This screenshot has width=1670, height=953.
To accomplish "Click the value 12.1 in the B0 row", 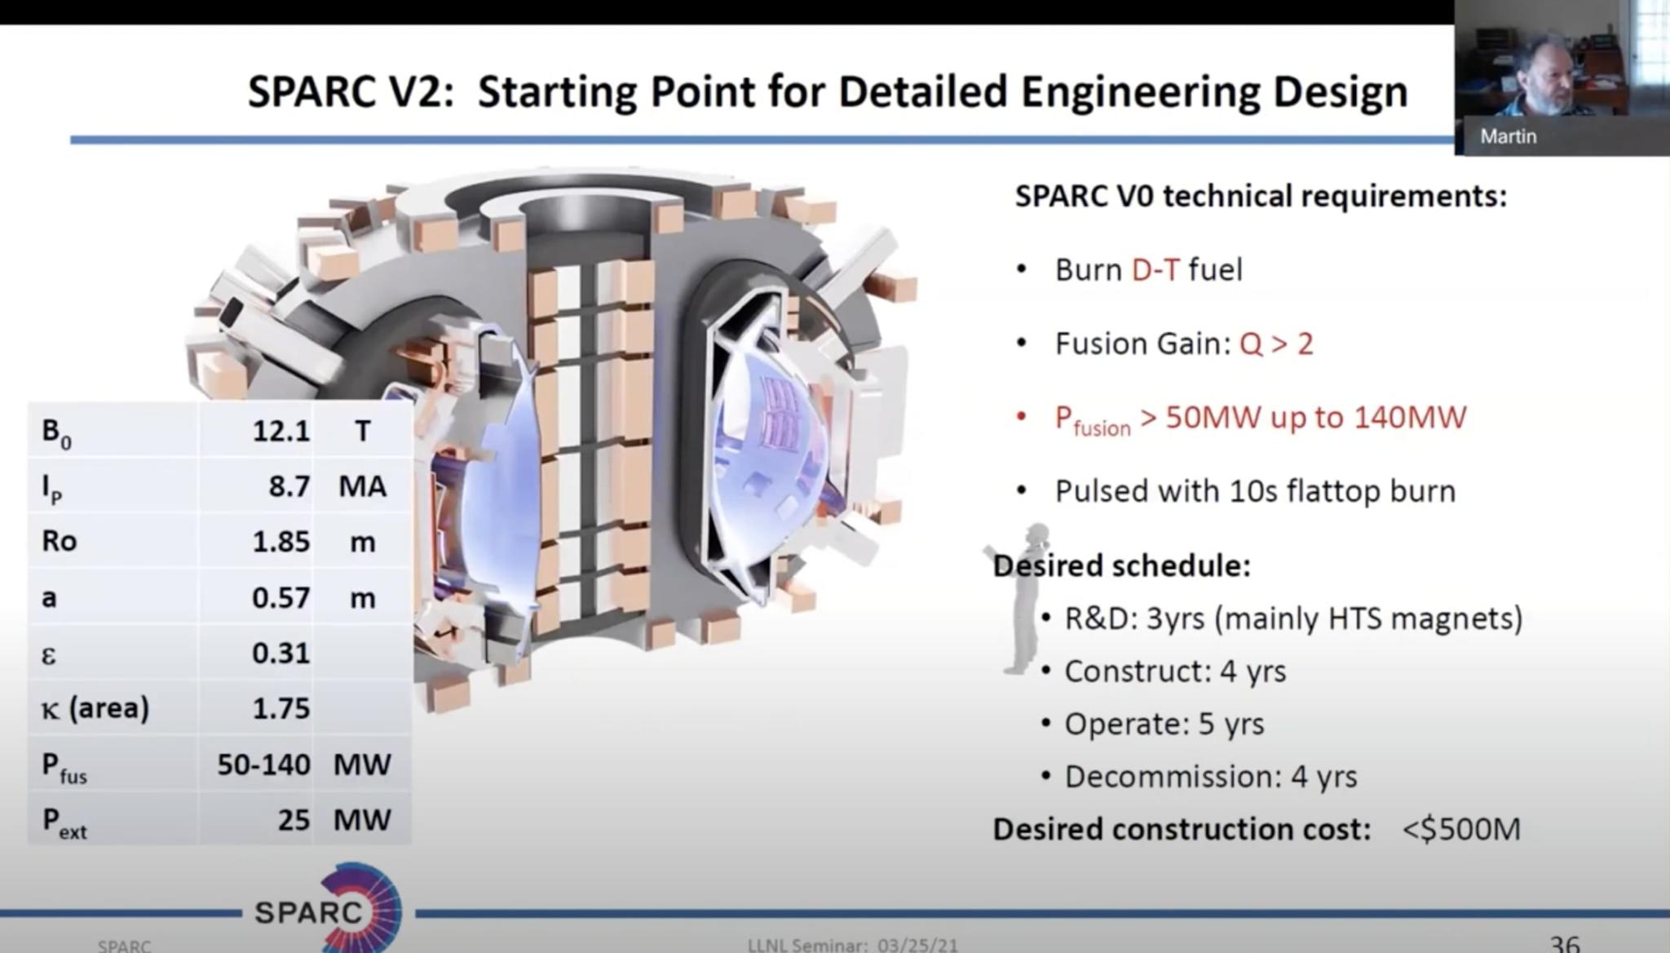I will tap(281, 431).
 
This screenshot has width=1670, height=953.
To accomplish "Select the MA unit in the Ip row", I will tap(362, 487).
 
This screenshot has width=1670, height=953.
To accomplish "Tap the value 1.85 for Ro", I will tap(281, 542).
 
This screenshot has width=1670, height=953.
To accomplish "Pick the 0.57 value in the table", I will tap(281, 598).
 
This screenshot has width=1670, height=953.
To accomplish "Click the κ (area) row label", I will tap(95, 708).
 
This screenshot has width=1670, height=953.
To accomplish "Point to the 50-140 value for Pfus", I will tap(263, 765).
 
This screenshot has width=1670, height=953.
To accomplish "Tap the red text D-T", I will tap(1155, 270).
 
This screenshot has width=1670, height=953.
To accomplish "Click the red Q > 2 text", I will tap(1276, 344).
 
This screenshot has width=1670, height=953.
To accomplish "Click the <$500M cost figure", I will tap(1461, 830).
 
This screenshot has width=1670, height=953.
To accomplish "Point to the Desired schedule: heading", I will tap(1122, 565).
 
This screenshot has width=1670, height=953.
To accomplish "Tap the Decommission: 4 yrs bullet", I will tap(1211, 777).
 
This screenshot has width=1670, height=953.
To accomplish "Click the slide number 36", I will tap(1564, 943).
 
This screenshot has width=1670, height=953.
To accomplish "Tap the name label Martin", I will tap(1508, 136).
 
